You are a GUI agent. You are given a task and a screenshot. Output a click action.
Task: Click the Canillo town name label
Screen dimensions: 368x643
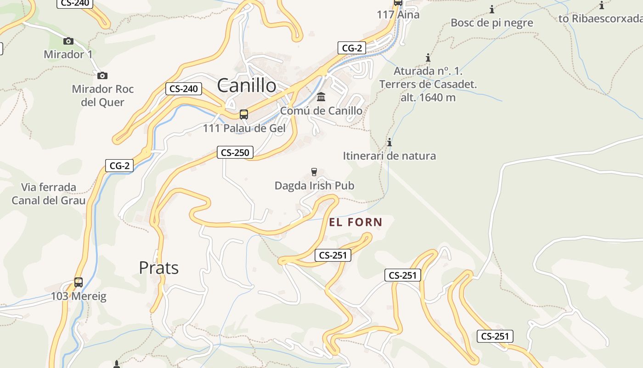coord(247,86)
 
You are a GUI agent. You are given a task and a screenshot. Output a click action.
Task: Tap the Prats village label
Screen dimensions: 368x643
coord(158,268)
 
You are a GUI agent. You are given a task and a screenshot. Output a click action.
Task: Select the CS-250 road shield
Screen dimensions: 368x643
coord(235,152)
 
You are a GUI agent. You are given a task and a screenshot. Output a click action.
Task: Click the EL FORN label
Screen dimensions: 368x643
coord(355,223)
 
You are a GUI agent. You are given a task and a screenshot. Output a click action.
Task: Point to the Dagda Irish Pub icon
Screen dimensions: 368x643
coord(314,172)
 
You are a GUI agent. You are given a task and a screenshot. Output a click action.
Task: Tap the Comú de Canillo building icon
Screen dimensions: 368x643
coord(321,97)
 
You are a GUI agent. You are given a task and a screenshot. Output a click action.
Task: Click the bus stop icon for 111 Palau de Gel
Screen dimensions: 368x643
coord(243,115)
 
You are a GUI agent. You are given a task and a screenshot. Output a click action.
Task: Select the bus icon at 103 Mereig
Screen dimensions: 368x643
coord(79,282)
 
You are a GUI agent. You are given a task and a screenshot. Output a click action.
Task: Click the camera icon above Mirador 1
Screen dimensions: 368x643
coord(68,41)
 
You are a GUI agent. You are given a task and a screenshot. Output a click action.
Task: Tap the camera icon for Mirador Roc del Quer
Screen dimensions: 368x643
coord(102,75)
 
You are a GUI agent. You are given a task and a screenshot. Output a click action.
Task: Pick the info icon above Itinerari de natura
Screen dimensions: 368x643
coord(389,143)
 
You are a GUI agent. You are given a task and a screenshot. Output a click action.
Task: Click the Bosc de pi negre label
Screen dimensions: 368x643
coord(492,23)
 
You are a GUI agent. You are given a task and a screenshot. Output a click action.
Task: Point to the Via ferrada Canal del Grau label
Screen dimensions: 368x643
coord(49,194)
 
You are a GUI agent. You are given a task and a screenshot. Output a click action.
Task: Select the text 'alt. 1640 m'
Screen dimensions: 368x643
coord(428,98)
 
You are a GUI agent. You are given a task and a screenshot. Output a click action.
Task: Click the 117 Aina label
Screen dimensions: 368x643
coord(398,14)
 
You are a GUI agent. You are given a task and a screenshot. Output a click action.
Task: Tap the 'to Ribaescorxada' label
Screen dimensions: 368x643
coord(600,18)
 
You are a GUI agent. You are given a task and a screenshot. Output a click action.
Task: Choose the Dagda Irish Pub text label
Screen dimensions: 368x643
coord(314,185)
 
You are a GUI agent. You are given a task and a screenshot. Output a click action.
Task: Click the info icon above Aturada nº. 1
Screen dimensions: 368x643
coord(428,58)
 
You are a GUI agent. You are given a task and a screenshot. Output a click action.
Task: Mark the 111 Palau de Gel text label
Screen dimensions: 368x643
coord(244,128)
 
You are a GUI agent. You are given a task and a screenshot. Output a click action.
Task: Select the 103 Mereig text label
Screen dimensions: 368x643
coord(78,296)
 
